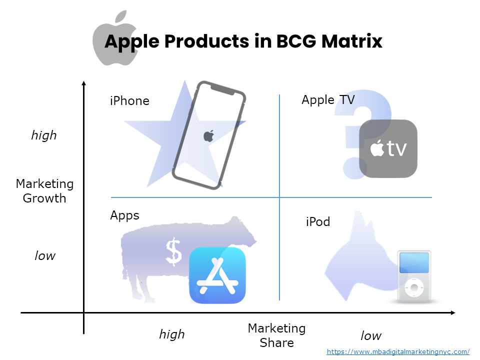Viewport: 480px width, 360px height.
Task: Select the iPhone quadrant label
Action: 129,101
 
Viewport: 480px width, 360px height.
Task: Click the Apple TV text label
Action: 328,100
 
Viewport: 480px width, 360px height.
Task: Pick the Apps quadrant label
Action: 124,215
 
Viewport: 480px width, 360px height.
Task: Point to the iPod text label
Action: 318,221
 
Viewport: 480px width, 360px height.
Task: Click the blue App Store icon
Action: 217,275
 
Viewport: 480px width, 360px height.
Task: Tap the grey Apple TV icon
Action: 388,148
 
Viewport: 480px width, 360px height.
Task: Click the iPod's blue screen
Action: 414,263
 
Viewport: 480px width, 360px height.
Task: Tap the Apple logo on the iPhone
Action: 209,135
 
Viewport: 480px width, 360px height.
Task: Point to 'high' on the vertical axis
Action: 44,135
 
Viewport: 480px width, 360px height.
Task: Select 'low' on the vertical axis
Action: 45,256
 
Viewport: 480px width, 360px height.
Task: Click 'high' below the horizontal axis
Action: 172,334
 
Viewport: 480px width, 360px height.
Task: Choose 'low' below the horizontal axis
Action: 371,335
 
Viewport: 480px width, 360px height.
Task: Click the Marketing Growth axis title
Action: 44,191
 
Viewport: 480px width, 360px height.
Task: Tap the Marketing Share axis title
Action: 276,335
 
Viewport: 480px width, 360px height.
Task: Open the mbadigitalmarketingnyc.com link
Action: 398,351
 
